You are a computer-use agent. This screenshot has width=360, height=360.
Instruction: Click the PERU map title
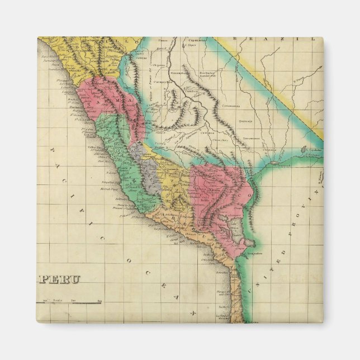(x=61, y=279)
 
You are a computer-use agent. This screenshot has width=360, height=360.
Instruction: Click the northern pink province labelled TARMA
(x=106, y=101)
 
